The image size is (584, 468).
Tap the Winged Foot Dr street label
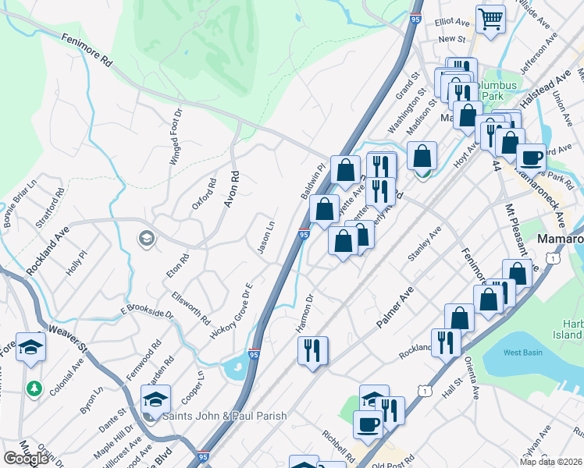tap(176, 137)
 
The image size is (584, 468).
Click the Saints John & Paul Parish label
tap(219, 416)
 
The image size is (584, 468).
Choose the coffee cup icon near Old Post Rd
tap(368, 425)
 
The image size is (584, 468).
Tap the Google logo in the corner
tap(26, 459)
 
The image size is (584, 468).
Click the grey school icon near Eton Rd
tap(146, 239)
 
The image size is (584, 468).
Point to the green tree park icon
tap(34, 387)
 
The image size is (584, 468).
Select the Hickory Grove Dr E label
tap(233, 311)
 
